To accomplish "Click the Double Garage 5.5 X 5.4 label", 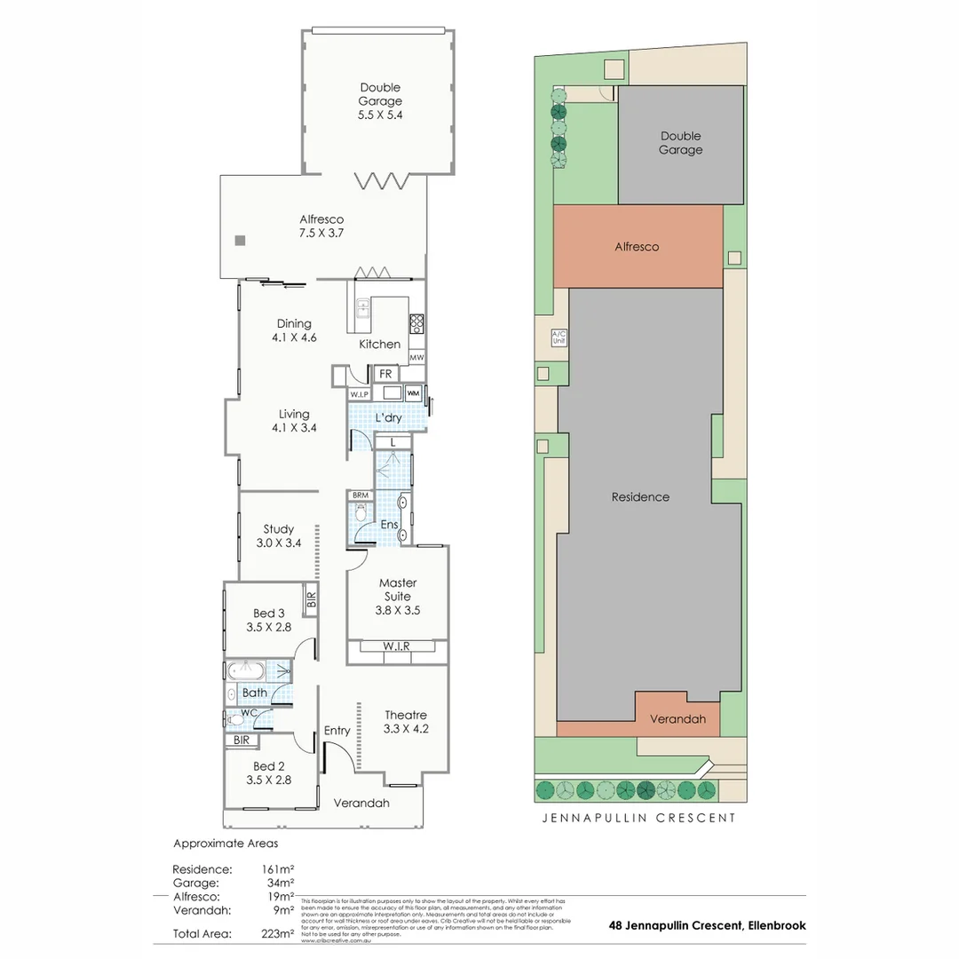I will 380,101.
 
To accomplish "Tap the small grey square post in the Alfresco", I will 240,241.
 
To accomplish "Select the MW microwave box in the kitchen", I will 416,357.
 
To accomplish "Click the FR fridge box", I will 385,374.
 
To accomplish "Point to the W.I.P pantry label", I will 359,393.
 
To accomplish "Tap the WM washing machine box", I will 413,393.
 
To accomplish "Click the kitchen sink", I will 363,308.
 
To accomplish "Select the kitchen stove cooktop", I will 416,323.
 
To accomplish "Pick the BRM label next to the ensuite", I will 361,495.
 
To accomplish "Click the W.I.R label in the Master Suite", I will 396,646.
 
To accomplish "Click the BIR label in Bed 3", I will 310,599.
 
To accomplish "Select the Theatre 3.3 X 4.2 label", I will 406,722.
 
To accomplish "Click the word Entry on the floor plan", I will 337,731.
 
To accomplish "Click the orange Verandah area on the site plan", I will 678,718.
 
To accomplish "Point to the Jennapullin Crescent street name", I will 638,818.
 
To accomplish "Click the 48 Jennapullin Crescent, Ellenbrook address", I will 707,925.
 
